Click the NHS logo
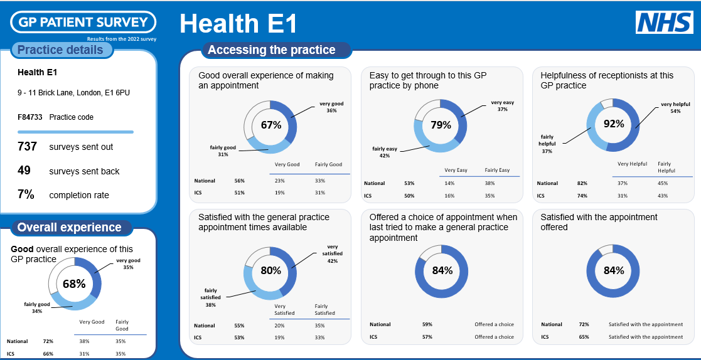click(664, 22)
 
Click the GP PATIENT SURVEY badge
click(83, 23)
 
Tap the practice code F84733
click(29, 117)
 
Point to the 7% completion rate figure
click(26, 194)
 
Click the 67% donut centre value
click(270, 125)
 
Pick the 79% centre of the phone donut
click(441, 125)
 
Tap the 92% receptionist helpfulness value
click(613, 124)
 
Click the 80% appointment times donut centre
click(270, 271)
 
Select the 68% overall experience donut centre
click(74, 283)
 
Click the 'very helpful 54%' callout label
click(675, 108)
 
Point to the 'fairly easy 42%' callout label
click(385, 152)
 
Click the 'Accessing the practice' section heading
click(271, 50)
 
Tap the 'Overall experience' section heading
click(70, 228)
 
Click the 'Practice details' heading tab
click(61, 50)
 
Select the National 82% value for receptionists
click(582, 183)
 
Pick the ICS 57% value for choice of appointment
click(427, 337)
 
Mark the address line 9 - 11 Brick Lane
click(73, 93)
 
